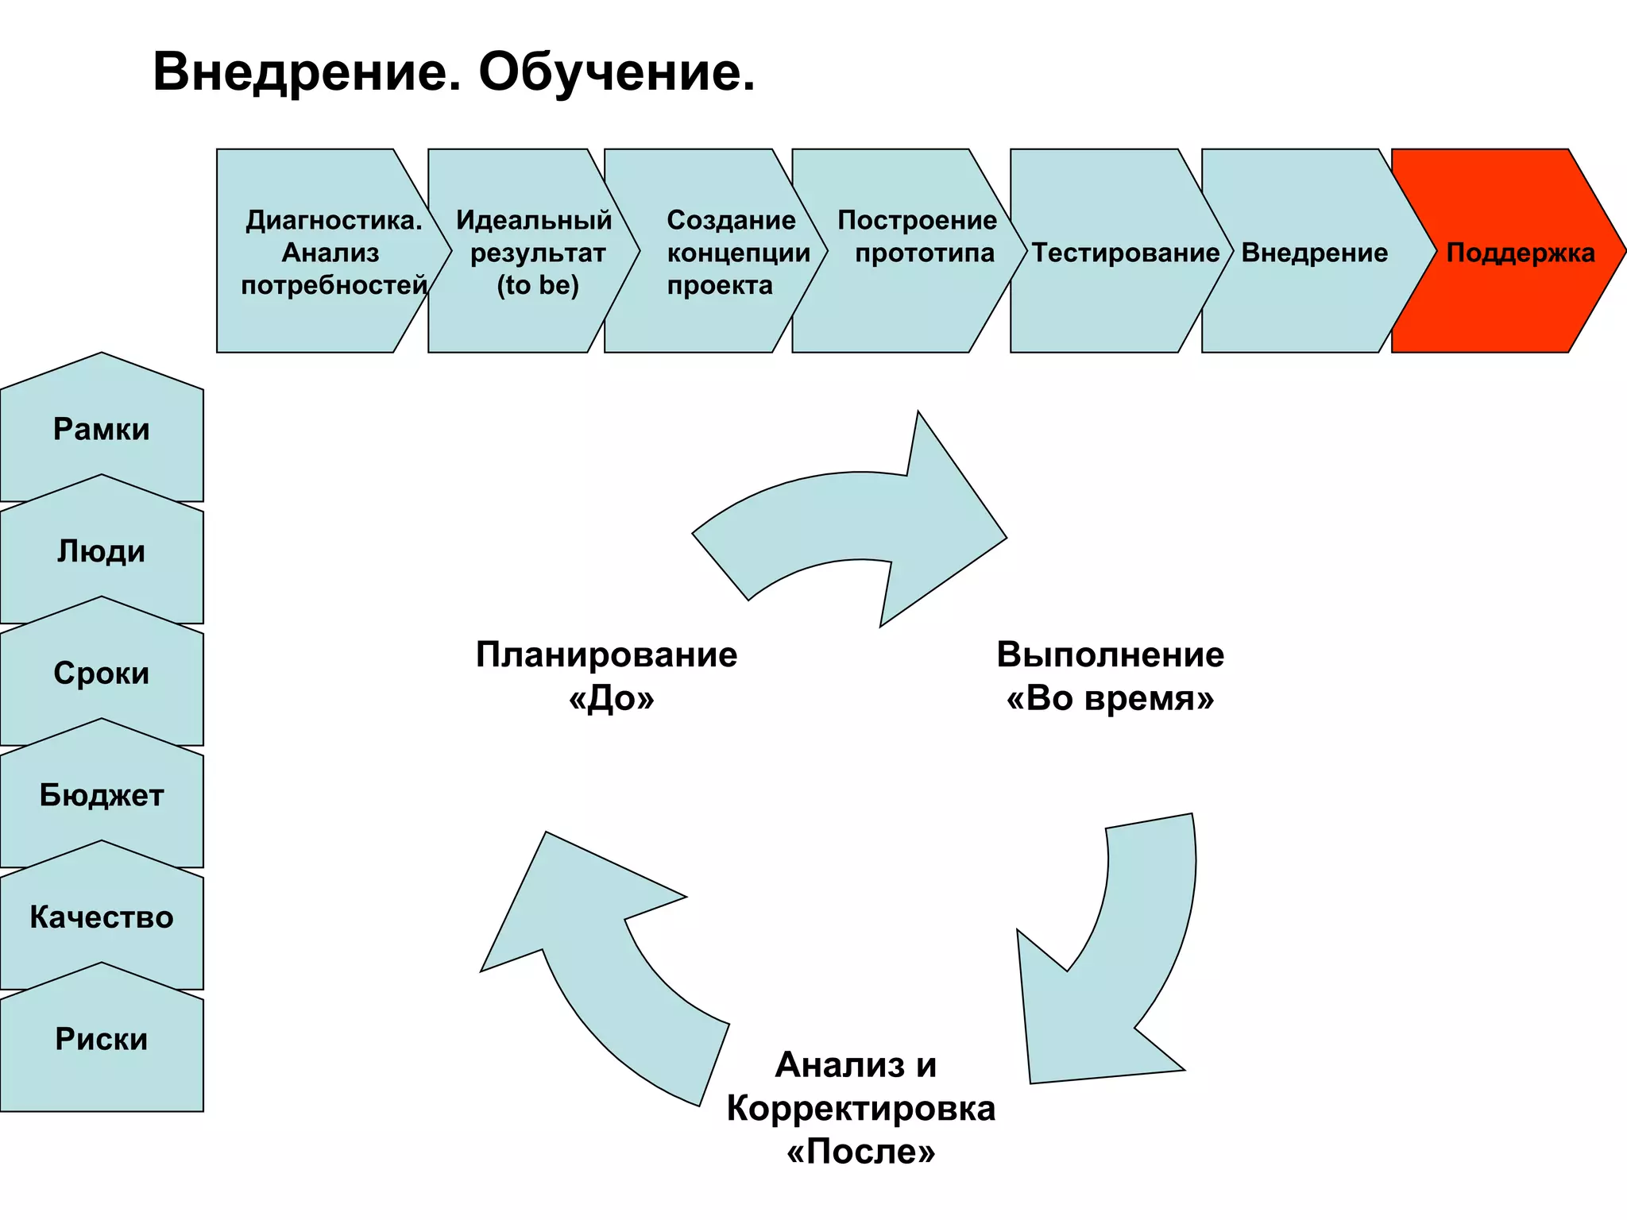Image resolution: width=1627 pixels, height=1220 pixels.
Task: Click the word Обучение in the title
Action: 616,73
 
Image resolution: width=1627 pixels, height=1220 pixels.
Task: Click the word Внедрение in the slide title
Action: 307,73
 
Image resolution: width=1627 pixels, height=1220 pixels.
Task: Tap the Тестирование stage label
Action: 1125,253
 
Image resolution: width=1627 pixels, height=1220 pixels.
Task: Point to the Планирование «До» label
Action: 608,676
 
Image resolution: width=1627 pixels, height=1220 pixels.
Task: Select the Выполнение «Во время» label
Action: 1110,676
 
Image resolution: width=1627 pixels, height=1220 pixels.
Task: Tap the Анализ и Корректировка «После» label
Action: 860,1108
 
